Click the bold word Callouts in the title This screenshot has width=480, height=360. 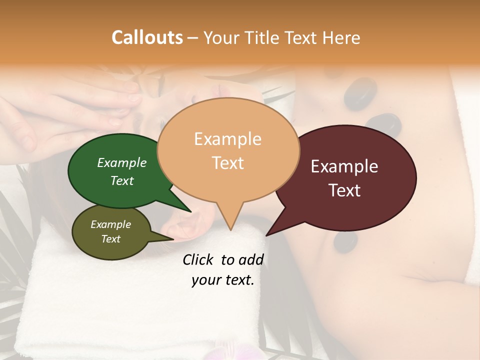pyautogui.click(x=147, y=37)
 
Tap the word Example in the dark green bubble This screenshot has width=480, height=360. pyautogui.click(x=121, y=163)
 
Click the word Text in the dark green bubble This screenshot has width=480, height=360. pyautogui.click(x=121, y=180)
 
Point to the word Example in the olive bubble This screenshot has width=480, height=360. pyautogui.click(x=110, y=224)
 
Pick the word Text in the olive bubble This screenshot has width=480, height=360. pyautogui.click(x=110, y=239)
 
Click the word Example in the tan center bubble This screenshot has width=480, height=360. pyautogui.click(x=227, y=139)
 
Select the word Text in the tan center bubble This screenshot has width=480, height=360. pyautogui.click(x=227, y=163)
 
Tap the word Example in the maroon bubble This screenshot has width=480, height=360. pyautogui.click(x=344, y=166)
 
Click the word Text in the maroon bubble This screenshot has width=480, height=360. pyautogui.click(x=344, y=190)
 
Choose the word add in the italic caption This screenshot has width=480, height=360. pyautogui.click(x=251, y=260)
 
